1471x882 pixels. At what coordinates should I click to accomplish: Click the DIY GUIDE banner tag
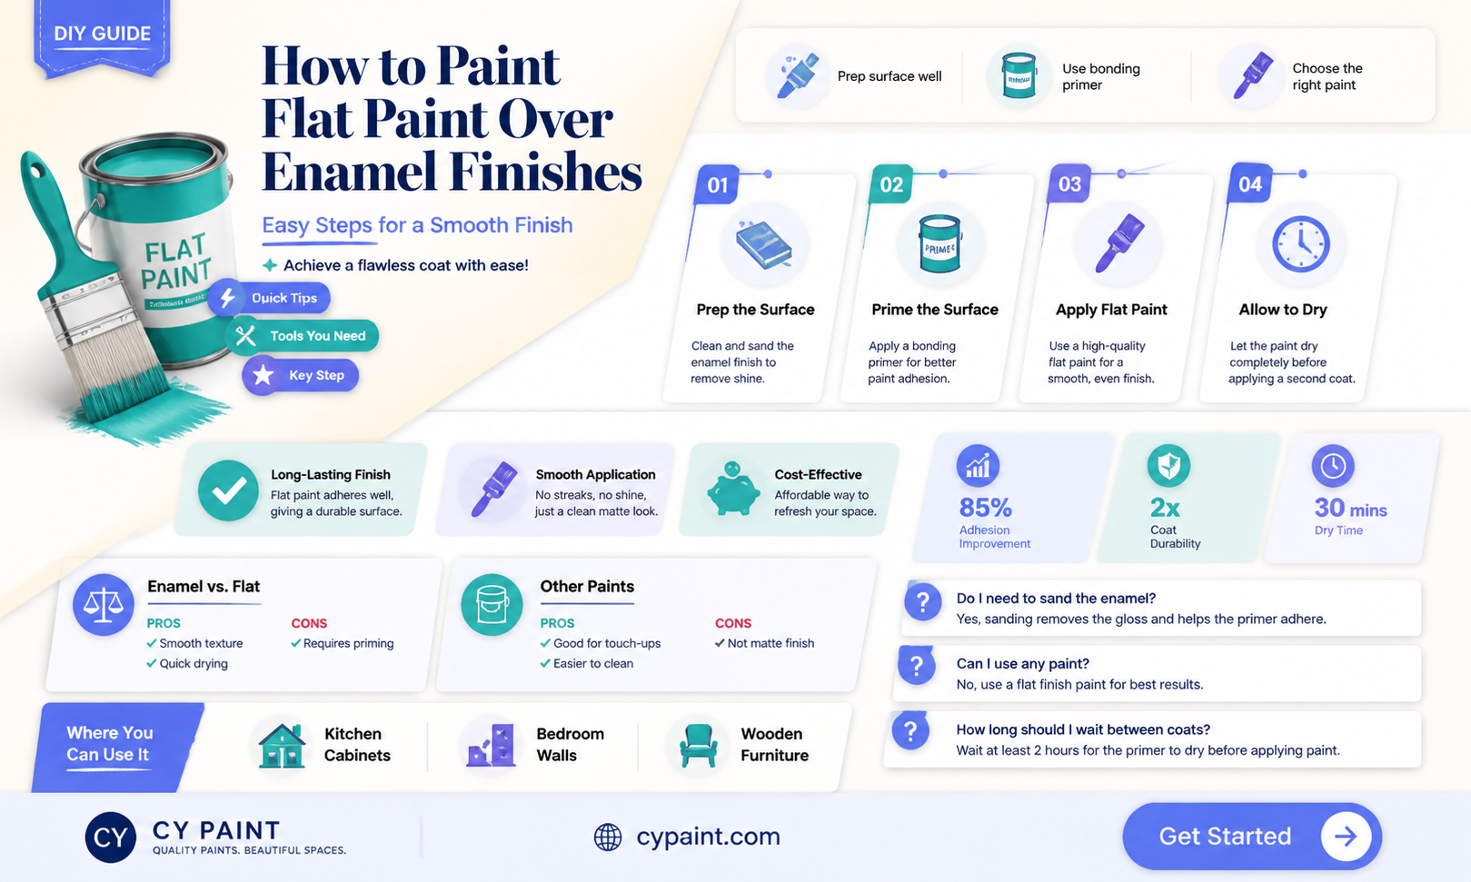(x=103, y=37)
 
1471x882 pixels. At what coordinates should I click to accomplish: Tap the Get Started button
(x=1252, y=836)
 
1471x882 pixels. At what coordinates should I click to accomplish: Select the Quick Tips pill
(x=269, y=298)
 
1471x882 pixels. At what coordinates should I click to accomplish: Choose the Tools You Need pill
(x=302, y=335)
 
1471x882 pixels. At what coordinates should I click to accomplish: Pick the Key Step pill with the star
(x=300, y=375)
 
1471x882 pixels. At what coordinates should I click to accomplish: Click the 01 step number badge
(x=717, y=184)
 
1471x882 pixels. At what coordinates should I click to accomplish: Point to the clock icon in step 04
(x=1301, y=243)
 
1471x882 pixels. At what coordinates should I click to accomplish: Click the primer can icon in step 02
(x=939, y=243)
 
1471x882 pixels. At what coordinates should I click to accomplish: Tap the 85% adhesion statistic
(x=985, y=508)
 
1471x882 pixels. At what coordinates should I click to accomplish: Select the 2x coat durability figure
(x=1165, y=508)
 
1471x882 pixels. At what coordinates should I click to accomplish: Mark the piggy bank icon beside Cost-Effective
(x=733, y=489)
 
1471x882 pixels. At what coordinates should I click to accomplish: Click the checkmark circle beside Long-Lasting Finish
(x=228, y=490)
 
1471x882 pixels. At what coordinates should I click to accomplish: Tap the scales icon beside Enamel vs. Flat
(x=104, y=604)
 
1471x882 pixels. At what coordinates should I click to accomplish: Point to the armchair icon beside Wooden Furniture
(x=698, y=746)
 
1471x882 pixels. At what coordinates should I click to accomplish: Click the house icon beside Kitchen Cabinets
(x=282, y=746)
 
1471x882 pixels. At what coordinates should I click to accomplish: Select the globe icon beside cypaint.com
(x=608, y=837)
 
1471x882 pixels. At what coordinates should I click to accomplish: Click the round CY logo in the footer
(x=110, y=837)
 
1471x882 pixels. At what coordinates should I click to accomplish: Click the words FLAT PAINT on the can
(x=176, y=263)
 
